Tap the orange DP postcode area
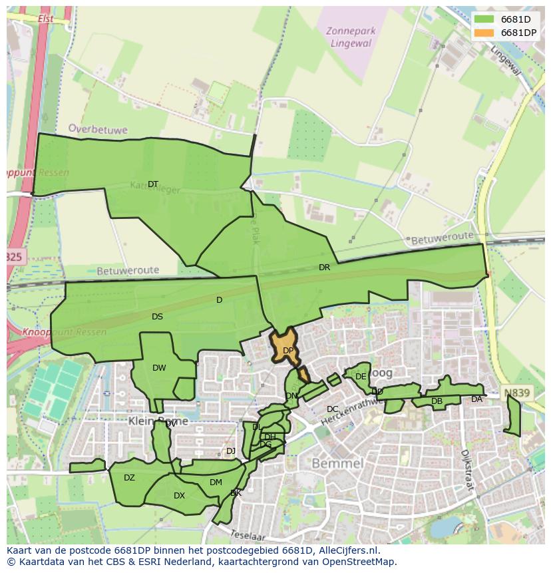coord(284,345)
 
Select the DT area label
coord(153,184)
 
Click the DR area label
coord(324,268)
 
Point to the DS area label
coord(157,317)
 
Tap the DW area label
coord(159,368)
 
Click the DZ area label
coord(129,478)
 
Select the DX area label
coord(179,496)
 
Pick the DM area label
coord(216,482)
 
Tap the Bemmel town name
coord(337,463)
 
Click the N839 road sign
coord(516,393)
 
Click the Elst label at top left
coord(46,19)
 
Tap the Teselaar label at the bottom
coord(248,535)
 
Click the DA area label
coord(476,399)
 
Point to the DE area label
coord(361,377)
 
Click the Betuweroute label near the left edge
coord(128,271)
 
